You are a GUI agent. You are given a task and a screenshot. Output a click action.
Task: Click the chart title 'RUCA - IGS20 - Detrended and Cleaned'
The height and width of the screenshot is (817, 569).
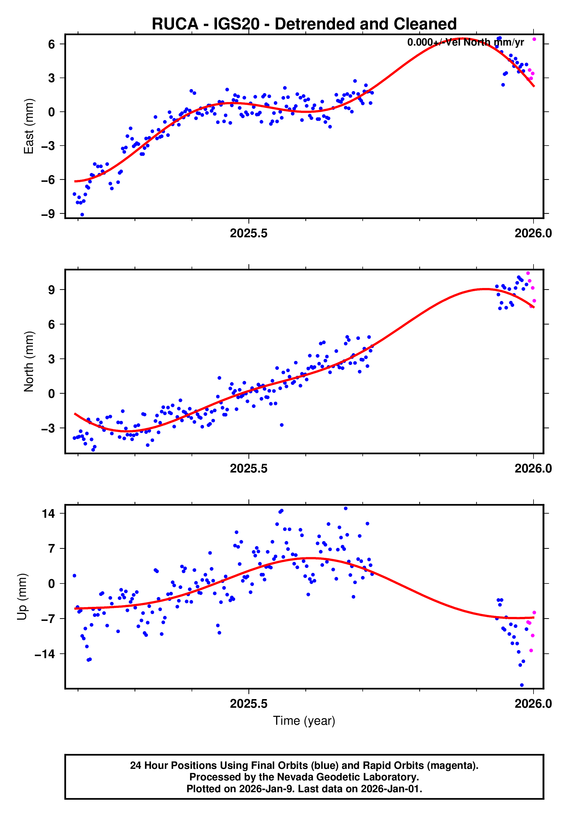[304, 24]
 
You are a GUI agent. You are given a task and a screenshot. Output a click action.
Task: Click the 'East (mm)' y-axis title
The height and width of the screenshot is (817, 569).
[29, 126]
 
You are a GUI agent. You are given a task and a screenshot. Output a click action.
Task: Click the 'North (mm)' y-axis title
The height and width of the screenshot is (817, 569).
[29, 362]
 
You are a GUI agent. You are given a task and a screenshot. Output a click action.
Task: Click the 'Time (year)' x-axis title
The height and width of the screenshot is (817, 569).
[304, 720]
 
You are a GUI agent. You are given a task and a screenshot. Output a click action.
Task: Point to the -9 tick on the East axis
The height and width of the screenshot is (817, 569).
[48, 214]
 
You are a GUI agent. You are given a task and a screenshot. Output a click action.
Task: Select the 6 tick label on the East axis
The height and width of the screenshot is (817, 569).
[52, 44]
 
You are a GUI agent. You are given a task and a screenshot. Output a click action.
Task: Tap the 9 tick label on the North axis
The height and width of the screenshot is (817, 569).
[52, 290]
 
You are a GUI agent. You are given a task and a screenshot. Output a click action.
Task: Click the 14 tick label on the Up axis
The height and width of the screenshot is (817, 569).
[48, 513]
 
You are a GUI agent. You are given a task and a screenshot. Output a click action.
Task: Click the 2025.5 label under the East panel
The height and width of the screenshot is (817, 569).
[248, 234]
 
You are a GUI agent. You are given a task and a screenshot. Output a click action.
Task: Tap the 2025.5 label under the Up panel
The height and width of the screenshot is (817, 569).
[248, 703]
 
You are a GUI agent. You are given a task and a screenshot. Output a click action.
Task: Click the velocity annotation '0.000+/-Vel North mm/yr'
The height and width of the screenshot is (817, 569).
[465, 42]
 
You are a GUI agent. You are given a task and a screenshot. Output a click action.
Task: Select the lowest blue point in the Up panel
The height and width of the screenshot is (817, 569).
[521, 685]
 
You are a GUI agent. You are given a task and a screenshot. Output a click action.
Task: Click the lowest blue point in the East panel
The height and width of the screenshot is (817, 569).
[82, 214]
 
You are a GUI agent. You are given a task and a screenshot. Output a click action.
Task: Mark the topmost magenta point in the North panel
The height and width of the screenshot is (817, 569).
[528, 273]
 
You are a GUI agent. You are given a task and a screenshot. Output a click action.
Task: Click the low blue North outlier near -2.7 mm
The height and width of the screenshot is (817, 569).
[281, 425]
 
